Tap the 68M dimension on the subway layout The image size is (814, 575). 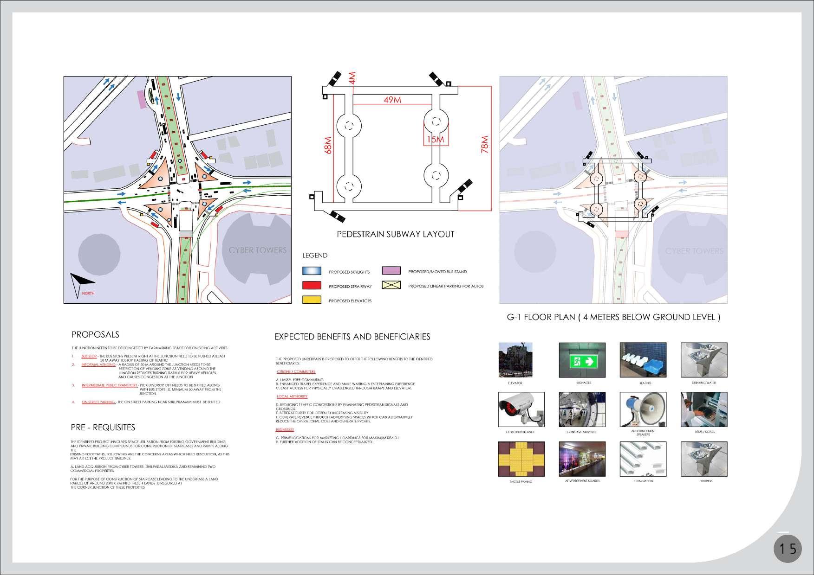328,145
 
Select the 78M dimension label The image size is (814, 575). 485,144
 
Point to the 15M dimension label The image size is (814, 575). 436,140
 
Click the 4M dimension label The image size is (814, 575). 352,78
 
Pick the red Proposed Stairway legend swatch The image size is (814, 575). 312,286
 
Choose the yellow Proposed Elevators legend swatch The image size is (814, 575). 312,300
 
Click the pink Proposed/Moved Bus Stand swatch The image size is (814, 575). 391,271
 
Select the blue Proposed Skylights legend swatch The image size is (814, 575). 312,271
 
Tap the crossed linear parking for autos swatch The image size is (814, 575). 391,285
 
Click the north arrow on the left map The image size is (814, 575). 79,282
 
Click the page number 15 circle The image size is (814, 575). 788,549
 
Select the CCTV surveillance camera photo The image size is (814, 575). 515,409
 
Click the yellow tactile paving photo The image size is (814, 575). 515,459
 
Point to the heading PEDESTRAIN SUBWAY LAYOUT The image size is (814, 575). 395,234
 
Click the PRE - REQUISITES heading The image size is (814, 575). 103,427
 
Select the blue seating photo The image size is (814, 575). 643,360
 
